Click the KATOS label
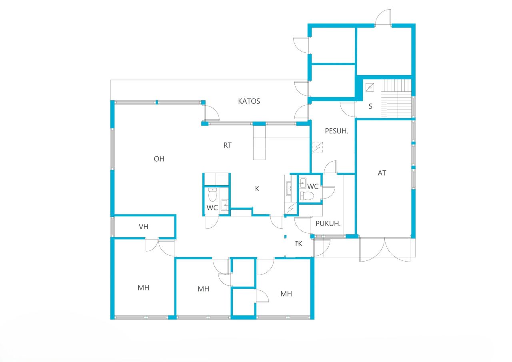[249, 101]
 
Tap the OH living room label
[159, 159]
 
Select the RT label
[227, 146]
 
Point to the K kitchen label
[257, 189]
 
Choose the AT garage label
[382, 173]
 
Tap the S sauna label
[370, 106]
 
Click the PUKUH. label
[328, 224]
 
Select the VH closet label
[144, 227]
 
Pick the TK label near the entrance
[298, 243]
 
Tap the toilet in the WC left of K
[212, 195]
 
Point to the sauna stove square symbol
[370, 86]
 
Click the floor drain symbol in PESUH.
[318, 147]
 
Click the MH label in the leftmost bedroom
[143, 288]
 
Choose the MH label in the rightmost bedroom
[286, 294]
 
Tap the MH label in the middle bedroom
[203, 289]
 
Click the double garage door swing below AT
[384, 250]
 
